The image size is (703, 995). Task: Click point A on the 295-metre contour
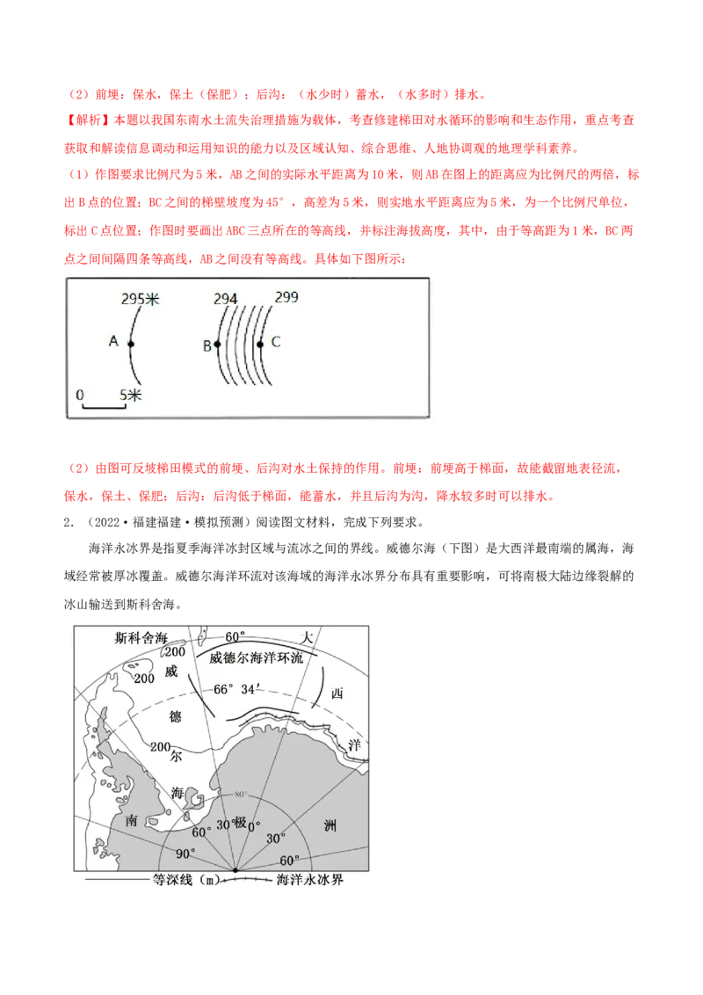[x=131, y=345]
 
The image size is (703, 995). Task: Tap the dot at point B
[x=218, y=345]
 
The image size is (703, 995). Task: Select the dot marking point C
[x=260, y=345]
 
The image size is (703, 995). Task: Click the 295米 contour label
[x=141, y=300]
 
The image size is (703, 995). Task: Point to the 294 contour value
[x=226, y=299]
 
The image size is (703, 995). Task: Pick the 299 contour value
[x=286, y=297]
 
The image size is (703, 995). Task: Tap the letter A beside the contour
[x=113, y=341]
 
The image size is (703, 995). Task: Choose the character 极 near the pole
[x=239, y=824]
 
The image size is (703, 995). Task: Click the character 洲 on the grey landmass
[x=329, y=825]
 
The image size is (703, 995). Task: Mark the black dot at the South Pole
[x=236, y=871]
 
